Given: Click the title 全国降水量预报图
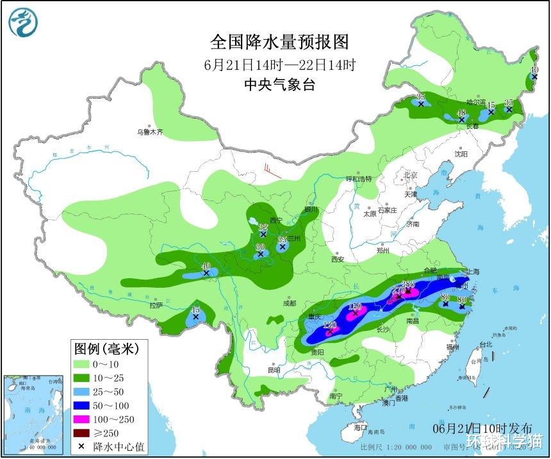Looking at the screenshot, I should pyautogui.click(x=280, y=42).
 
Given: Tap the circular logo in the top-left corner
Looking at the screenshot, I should pyautogui.click(x=23, y=22).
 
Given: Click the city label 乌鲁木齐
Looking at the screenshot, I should pyautogui.click(x=150, y=133).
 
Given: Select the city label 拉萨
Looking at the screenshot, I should pyautogui.click(x=157, y=306).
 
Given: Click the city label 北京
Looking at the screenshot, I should pyautogui.click(x=410, y=175).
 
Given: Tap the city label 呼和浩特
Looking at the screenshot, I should pyautogui.click(x=359, y=179).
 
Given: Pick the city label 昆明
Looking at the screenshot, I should pyautogui.click(x=274, y=371).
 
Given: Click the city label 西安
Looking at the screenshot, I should pyautogui.click(x=338, y=259).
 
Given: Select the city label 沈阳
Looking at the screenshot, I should pyautogui.click(x=461, y=154).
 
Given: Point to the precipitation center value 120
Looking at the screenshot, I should pyautogui.click(x=330, y=325).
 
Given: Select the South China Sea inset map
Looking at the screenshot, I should pyautogui.click(x=36, y=413).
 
